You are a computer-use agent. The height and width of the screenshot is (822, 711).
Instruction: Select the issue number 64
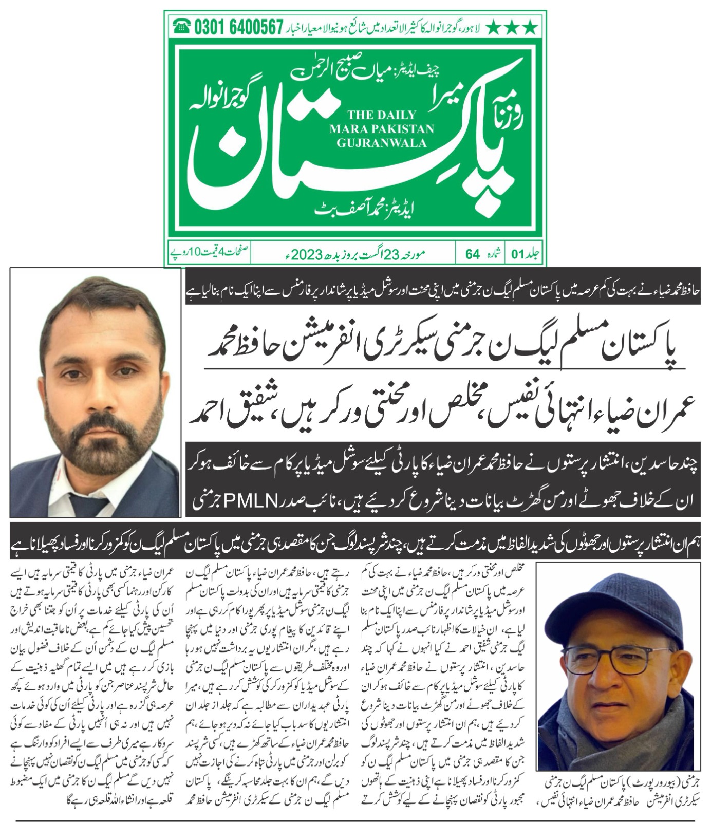pyautogui.click(x=473, y=254)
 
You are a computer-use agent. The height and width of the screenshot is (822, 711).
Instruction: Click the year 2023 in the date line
pyautogui.click(x=322, y=254)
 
